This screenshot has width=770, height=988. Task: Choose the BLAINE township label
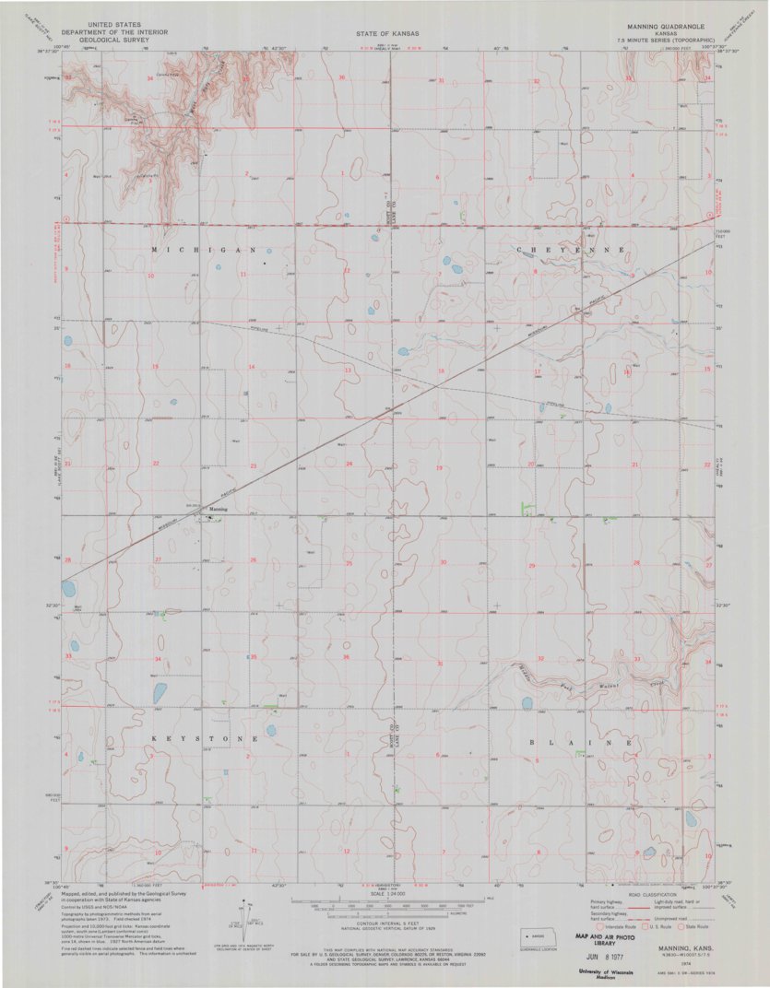tap(581, 742)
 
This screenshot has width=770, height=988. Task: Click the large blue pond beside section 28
tap(68, 587)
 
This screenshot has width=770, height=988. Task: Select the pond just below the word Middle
tap(527, 703)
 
